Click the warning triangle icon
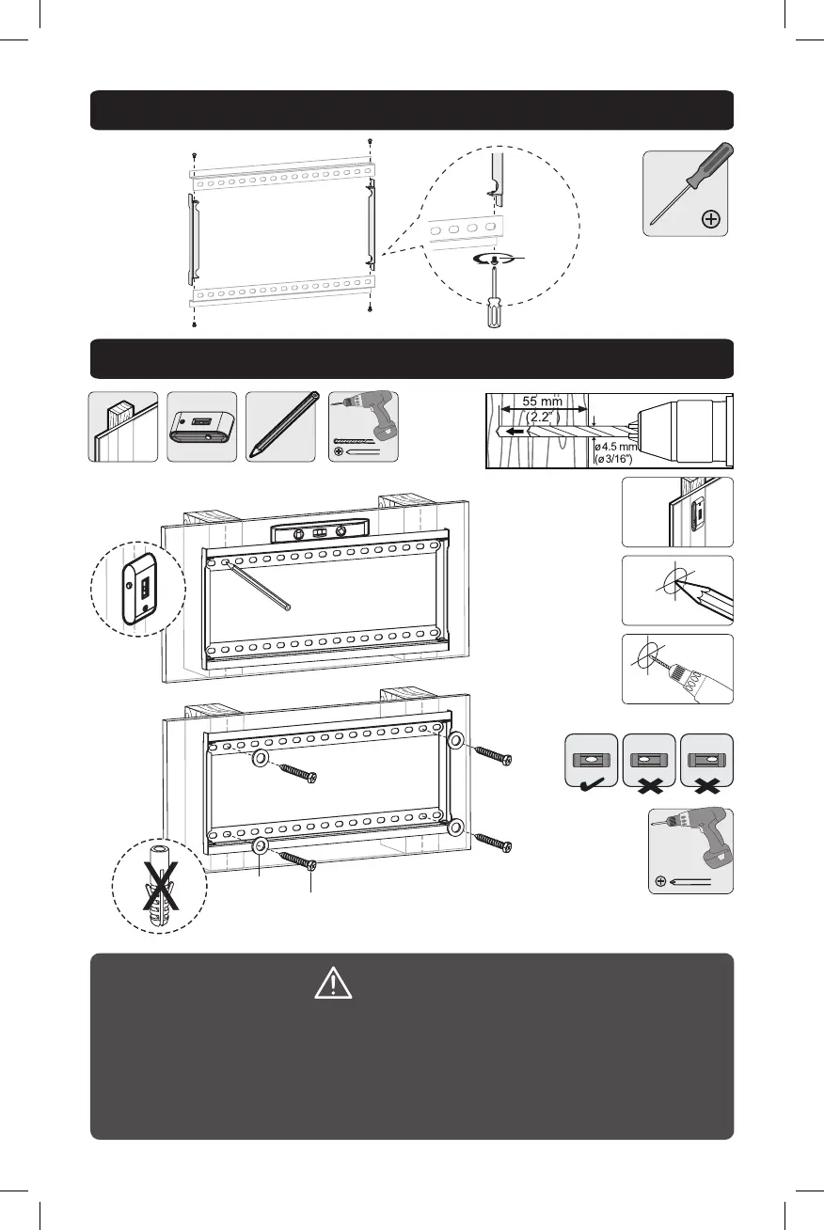tap(333, 983)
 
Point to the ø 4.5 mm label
tap(619, 447)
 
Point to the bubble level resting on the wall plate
tap(318, 532)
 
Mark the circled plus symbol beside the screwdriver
tap(711, 219)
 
